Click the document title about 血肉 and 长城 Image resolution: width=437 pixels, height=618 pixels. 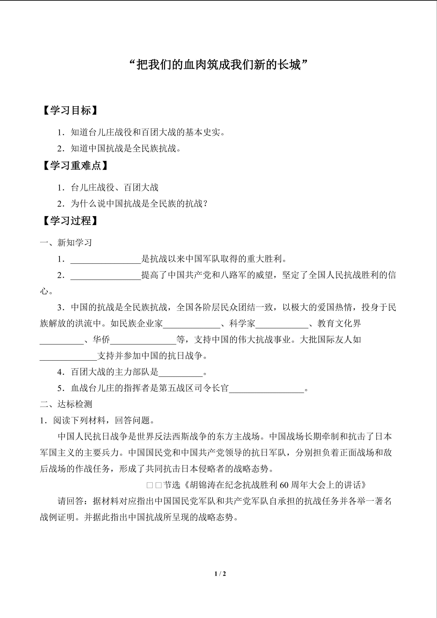tap(218, 65)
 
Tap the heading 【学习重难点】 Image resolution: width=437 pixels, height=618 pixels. tap(75, 166)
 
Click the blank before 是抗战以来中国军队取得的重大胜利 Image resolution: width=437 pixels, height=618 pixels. tap(106, 260)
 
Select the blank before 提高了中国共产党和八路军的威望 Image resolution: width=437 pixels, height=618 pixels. tap(106, 276)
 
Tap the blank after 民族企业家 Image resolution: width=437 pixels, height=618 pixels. tap(192, 324)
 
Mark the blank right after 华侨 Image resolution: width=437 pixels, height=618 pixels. tap(143, 340)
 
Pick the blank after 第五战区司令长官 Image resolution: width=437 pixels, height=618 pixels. tap(266, 389)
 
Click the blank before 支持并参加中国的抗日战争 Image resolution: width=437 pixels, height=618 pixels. tap(68, 356)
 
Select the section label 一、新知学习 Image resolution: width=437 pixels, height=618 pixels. tap(66, 243)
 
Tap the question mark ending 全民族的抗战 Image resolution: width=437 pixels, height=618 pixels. tap(206, 204)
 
